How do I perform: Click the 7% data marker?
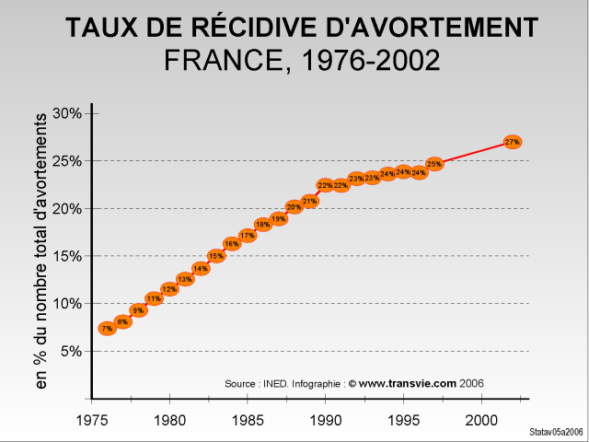[x=107, y=328]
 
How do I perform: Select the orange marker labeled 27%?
[x=513, y=142]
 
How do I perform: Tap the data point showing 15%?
[x=216, y=256]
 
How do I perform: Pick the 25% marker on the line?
[x=434, y=164]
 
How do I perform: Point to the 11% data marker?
[x=154, y=298]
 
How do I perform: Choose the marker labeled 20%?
[x=294, y=207]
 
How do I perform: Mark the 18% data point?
[x=262, y=224]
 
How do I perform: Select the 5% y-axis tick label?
[x=73, y=351]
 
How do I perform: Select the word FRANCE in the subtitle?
[x=218, y=61]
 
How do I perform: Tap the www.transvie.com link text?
[x=408, y=383]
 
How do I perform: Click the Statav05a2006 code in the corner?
[x=557, y=432]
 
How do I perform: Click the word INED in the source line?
[x=275, y=383]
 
